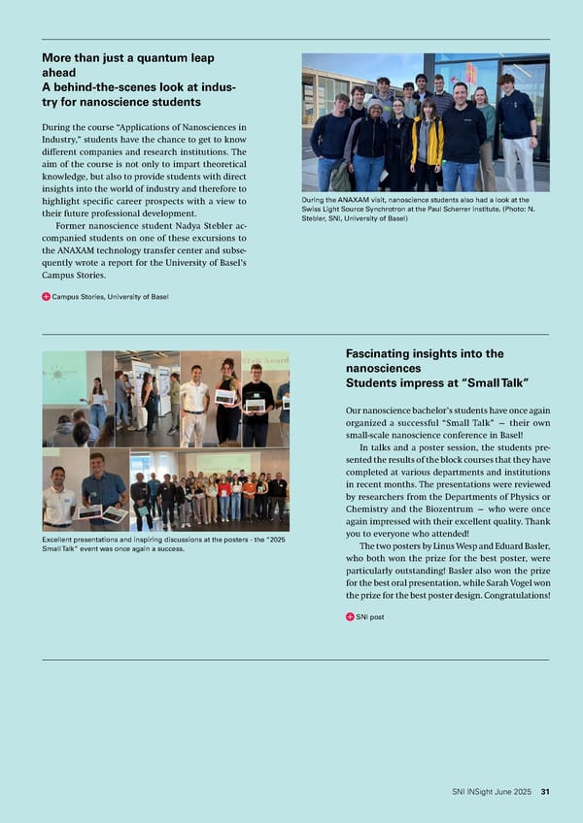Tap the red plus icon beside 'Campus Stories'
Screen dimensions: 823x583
pos(47,296)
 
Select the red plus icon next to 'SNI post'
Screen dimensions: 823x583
pos(350,616)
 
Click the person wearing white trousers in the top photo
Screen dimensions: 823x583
pos(516,131)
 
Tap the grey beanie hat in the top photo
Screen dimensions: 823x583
pos(374,104)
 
